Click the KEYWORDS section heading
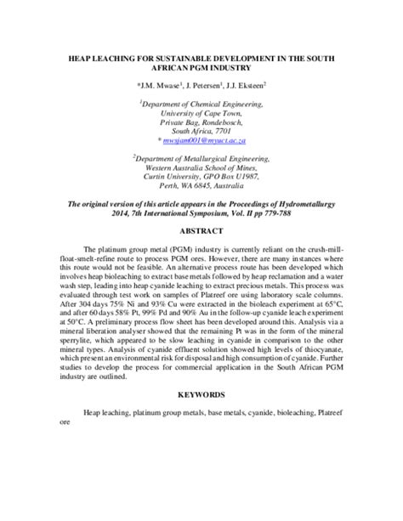click(201, 418)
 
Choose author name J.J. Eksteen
click(245, 86)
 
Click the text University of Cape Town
click(201, 112)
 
